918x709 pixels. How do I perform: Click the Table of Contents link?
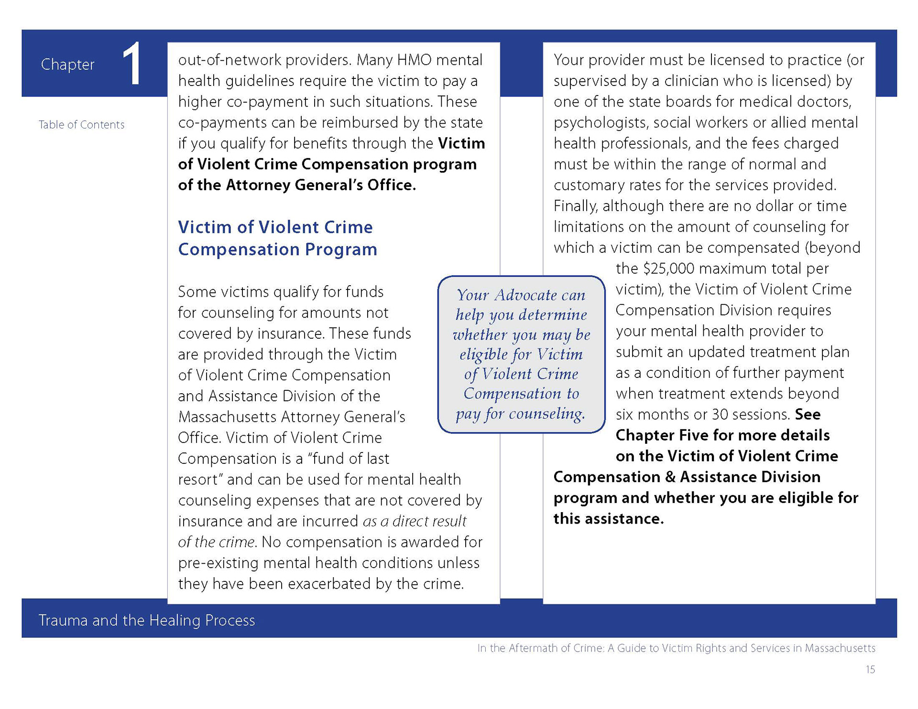(x=81, y=125)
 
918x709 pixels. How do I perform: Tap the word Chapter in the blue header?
(x=67, y=64)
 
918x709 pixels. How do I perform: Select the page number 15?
(x=870, y=669)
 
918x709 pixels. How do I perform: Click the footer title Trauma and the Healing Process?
(x=146, y=620)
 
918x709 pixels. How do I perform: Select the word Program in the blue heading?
(x=341, y=249)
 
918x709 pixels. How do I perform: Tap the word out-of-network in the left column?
(x=229, y=60)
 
